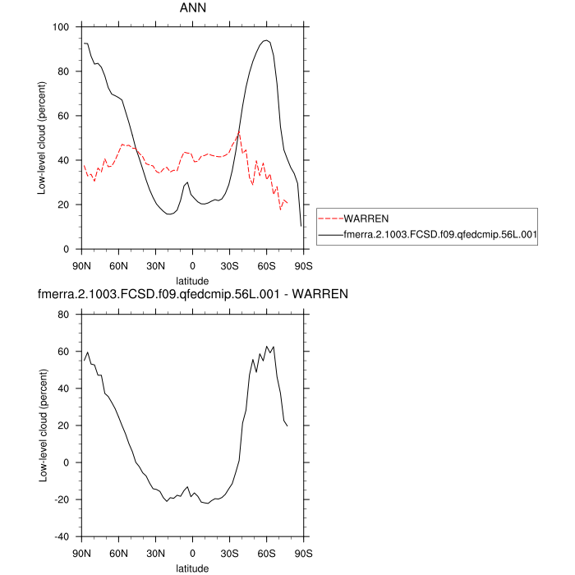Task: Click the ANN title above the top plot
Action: click(192, 8)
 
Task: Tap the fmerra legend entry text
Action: click(439, 235)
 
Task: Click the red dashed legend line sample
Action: click(329, 219)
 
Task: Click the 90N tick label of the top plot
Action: click(81, 264)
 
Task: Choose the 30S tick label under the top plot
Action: click(229, 264)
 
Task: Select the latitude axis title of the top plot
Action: click(192, 280)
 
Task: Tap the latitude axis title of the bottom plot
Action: click(192, 568)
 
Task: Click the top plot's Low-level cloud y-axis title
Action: click(42, 138)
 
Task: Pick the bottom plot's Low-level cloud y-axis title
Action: click(42, 425)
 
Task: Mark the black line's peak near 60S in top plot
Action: click(265, 40)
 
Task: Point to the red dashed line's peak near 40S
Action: click(239, 131)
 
